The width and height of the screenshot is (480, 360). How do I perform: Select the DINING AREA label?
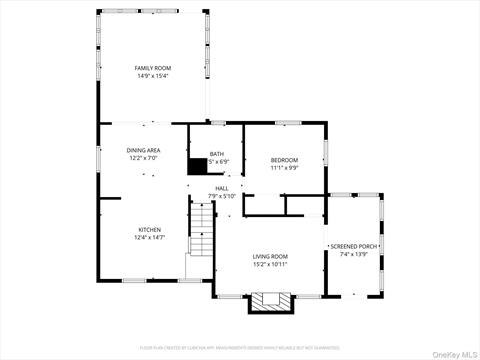(x=143, y=150)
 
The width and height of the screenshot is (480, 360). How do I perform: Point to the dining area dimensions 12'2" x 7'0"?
(x=143, y=158)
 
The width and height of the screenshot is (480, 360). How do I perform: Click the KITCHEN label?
(x=150, y=229)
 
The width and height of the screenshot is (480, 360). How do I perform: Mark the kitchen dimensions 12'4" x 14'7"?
(x=150, y=237)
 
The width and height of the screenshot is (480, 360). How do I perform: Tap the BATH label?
(x=217, y=154)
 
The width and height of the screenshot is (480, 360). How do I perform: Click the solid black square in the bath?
(x=197, y=167)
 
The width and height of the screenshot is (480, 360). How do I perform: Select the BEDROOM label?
(x=284, y=160)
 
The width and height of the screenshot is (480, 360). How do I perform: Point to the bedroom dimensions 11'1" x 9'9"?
(x=284, y=168)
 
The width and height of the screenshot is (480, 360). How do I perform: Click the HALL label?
(x=221, y=188)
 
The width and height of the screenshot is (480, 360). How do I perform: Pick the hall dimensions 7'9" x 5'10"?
(x=221, y=196)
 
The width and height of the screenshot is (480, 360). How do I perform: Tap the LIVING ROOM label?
(x=270, y=256)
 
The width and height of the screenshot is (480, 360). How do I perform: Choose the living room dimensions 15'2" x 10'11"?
(x=270, y=264)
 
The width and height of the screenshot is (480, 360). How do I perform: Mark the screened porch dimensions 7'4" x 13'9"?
(x=354, y=254)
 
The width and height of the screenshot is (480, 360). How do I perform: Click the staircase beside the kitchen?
(x=203, y=230)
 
